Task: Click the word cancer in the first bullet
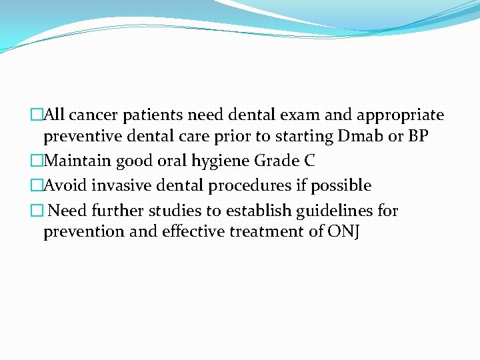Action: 93,115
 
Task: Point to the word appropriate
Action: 401,116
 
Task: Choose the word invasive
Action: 115,185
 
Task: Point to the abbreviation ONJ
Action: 343,233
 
